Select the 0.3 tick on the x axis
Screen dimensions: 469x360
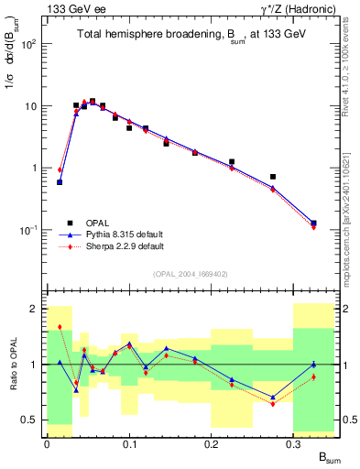click(293, 443)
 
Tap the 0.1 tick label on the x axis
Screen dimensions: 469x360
click(128, 443)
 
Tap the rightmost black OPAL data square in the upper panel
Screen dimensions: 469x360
click(313, 223)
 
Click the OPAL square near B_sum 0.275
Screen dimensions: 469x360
click(273, 177)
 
